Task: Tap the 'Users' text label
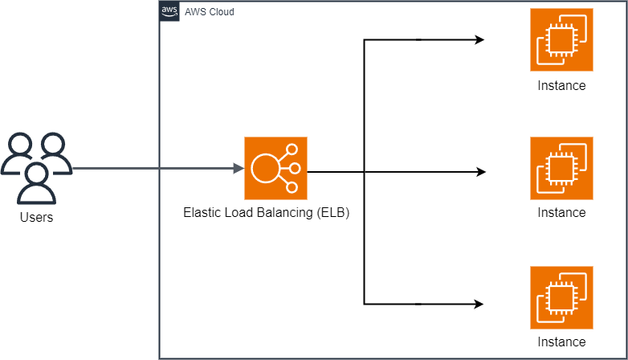[36, 218]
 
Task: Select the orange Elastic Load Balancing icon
[275, 168]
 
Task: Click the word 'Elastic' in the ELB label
[202, 214]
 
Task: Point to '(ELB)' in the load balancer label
[332, 214]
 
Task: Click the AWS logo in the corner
[169, 11]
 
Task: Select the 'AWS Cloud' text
[210, 12]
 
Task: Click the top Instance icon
[561, 39]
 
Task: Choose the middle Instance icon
[561, 168]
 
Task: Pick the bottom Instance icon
[561, 297]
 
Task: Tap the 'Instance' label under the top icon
[561, 85]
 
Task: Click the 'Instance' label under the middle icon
[561, 213]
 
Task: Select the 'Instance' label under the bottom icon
[561, 342]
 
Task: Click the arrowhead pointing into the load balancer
[239, 168]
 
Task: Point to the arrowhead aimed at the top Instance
[479, 39]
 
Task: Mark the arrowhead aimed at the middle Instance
[481, 172]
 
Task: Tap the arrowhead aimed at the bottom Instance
[479, 304]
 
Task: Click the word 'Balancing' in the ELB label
[284, 214]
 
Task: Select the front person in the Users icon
[36, 182]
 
